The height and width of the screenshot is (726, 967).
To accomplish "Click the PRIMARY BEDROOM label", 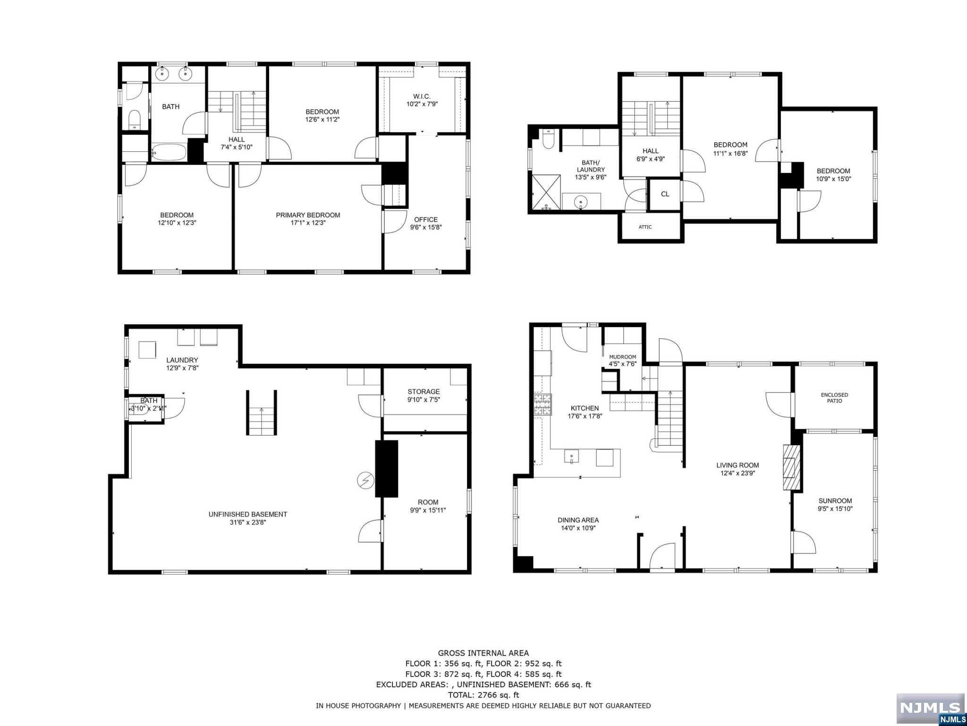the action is [x=308, y=215].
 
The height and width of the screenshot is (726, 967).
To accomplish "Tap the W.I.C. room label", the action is [x=422, y=96].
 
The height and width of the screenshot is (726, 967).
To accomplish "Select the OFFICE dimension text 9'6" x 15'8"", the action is [x=426, y=227].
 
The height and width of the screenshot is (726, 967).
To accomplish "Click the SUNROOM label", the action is [x=835, y=501].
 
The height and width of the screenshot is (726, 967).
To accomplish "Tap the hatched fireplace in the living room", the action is [x=792, y=467].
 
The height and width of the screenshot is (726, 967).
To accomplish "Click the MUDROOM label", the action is [x=622, y=357].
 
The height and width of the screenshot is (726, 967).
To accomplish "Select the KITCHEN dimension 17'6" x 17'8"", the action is [x=585, y=416].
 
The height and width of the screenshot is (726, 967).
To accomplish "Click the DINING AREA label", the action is [x=578, y=520].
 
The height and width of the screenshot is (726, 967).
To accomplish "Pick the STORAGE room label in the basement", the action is [x=424, y=391].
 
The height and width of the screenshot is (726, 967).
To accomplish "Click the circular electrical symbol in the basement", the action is [x=365, y=481].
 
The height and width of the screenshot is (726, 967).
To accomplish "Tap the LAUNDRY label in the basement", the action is [x=182, y=360].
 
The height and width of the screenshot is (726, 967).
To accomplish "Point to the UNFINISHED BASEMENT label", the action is [x=247, y=514].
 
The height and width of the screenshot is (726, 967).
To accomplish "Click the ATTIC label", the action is [x=645, y=227].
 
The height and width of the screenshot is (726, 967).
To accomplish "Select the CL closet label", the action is [x=665, y=194].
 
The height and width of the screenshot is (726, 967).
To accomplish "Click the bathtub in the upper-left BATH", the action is [x=169, y=152].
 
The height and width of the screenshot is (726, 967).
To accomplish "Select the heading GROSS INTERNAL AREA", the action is [x=483, y=653].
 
